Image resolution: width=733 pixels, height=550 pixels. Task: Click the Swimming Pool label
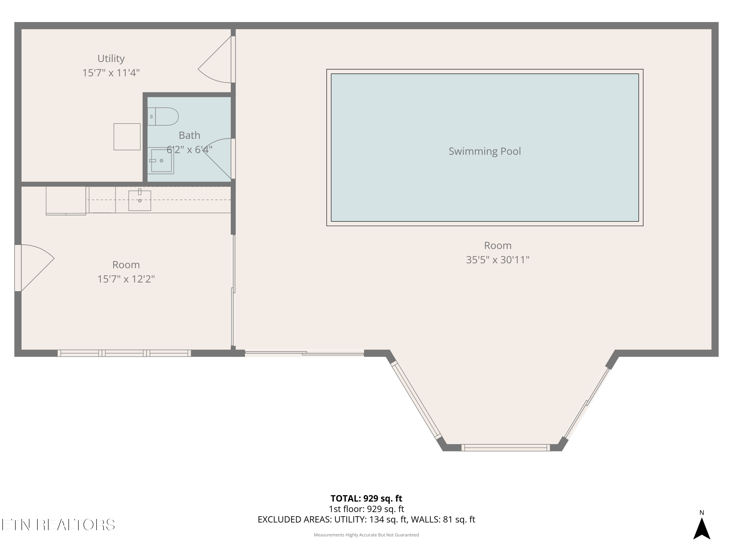click(x=485, y=151)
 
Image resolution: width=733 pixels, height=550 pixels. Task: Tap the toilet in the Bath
click(x=163, y=116)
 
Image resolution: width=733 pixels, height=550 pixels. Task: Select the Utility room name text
click(x=111, y=58)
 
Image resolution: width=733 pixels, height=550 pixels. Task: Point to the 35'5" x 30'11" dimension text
click(x=498, y=260)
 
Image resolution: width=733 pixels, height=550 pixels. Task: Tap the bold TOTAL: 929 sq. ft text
click(x=366, y=498)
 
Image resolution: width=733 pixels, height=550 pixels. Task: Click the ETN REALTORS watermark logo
click(x=58, y=525)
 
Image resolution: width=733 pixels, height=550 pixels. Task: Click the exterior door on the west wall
click(x=34, y=268)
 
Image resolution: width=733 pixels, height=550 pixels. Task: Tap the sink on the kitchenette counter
click(x=140, y=200)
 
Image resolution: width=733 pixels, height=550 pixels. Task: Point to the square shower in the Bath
click(x=161, y=161)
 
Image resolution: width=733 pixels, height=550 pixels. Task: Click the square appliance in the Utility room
click(x=127, y=137)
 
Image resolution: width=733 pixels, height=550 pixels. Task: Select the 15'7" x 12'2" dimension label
click(x=126, y=279)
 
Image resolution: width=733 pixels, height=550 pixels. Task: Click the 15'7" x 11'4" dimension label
click(x=111, y=73)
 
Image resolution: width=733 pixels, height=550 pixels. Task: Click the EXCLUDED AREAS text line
click(x=366, y=519)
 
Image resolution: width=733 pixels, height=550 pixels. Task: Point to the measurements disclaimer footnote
click(x=366, y=535)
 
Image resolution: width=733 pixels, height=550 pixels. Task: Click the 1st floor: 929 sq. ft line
click(x=366, y=509)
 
